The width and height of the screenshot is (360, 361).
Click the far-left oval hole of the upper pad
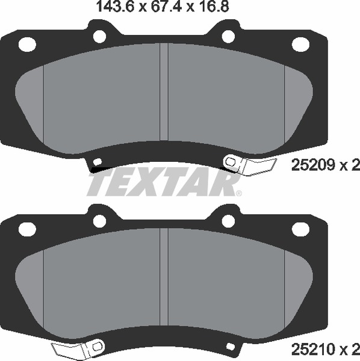(x=28, y=44)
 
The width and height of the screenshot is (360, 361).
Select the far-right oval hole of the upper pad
(x=299, y=44)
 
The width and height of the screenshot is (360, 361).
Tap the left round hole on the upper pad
(x=99, y=37)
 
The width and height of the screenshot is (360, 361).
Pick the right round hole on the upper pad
(x=228, y=37)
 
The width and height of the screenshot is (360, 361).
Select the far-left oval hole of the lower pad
(x=28, y=229)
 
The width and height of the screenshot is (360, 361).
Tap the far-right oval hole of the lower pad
(x=299, y=229)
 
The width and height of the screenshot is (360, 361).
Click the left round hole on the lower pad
(x=99, y=221)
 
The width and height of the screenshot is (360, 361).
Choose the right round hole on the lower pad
(x=228, y=221)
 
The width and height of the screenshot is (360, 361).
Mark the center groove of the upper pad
(x=163, y=96)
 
